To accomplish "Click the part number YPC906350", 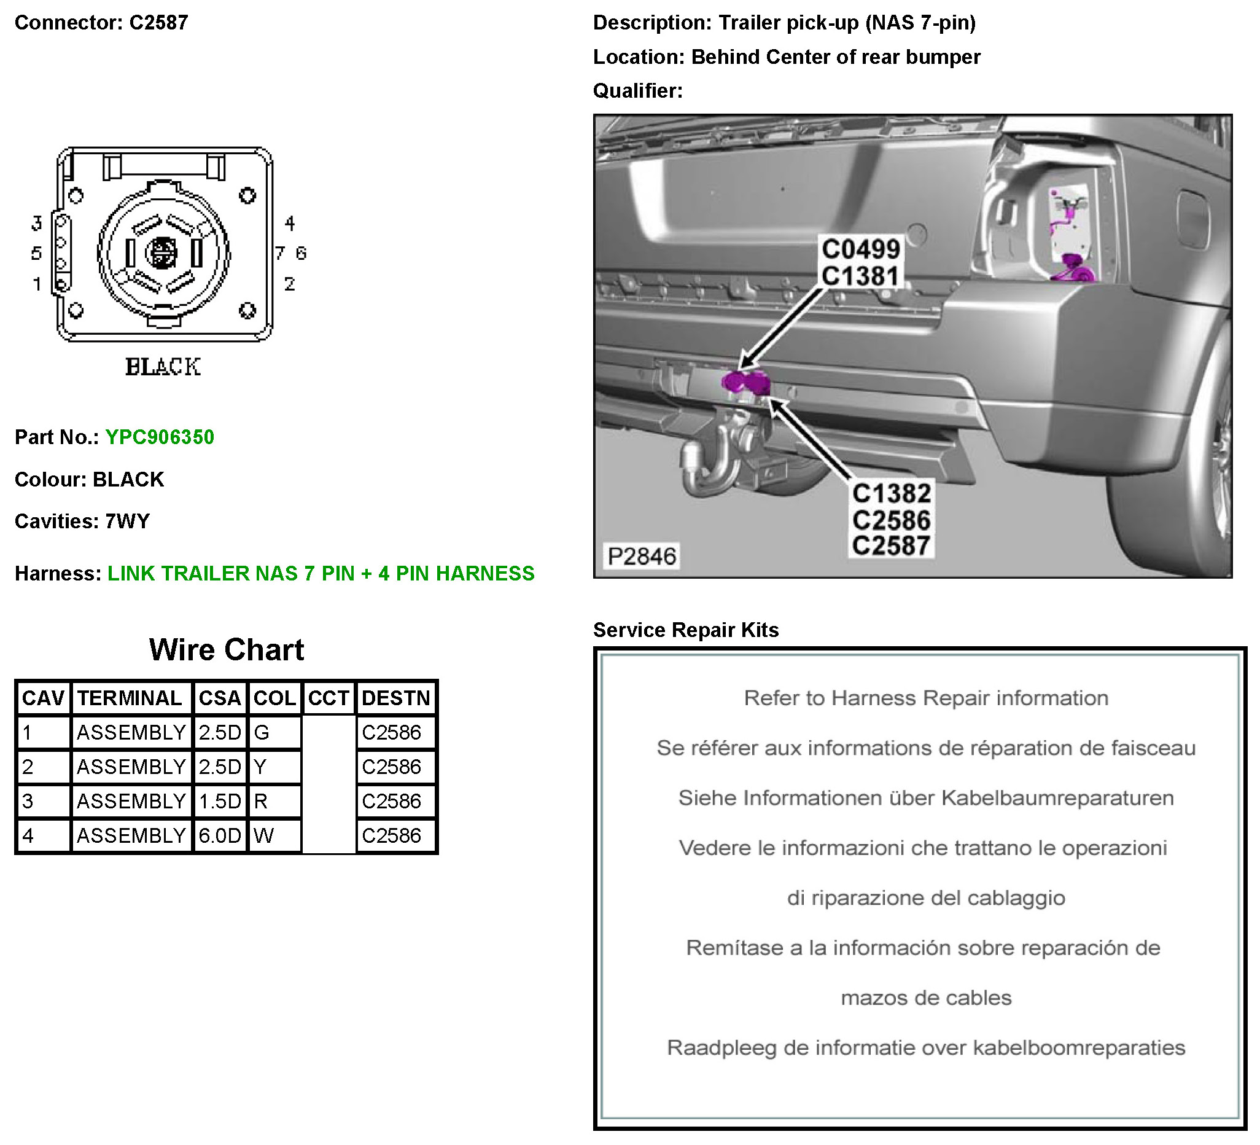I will (x=160, y=437).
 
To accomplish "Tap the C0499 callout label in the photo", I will (x=861, y=249).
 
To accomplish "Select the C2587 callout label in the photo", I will (x=891, y=546).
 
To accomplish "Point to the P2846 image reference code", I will (x=642, y=556).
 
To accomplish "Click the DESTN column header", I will (x=395, y=698).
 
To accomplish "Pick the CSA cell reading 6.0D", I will (x=219, y=835).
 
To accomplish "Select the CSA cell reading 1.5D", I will (x=219, y=801).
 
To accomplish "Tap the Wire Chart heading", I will (x=226, y=650).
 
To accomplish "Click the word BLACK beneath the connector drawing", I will (x=163, y=367).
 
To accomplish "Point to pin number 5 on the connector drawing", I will (x=36, y=253).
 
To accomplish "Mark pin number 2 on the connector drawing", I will (x=289, y=284).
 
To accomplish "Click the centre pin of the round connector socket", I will (x=162, y=252).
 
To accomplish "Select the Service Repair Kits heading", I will (x=686, y=630).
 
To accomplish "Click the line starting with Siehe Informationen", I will (x=925, y=798).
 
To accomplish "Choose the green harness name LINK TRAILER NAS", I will (x=321, y=574).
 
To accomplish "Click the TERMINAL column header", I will (x=130, y=698).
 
